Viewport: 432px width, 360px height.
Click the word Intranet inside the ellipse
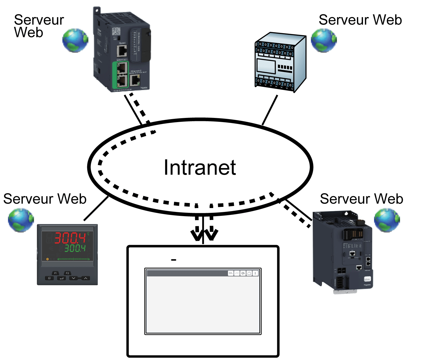[200, 167]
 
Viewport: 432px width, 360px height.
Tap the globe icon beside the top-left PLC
[75, 41]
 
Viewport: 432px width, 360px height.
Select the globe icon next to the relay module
[324, 41]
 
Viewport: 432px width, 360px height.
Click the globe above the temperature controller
[21, 220]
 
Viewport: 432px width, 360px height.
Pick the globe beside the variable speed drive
[387, 220]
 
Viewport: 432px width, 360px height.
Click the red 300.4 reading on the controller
[70, 238]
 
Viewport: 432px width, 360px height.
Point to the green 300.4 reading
[75, 248]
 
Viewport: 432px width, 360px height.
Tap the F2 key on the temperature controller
[68, 273]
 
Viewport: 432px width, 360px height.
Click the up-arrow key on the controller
[85, 278]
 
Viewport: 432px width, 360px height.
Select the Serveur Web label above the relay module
[360, 20]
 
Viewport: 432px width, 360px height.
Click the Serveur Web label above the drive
[361, 199]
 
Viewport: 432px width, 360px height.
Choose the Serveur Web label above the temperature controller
[45, 199]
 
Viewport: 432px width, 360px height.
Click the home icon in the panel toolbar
[249, 273]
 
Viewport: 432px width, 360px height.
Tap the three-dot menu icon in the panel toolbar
[255, 273]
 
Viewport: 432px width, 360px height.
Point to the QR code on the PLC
[116, 31]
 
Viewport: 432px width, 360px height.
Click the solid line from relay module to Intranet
[270, 110]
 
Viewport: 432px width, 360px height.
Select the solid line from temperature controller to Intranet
[96, 208]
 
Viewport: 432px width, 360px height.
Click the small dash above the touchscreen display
[174, 260]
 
